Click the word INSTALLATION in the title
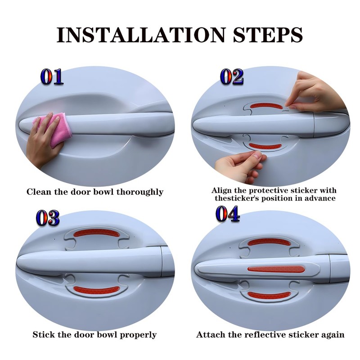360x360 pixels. pos(141,35)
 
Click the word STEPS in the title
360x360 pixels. pos(268,35)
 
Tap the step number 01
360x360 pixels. pos(52,76)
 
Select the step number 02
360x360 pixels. pos(231,76)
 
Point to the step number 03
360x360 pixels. pos(48,217)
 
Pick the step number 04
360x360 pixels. pos(228,214)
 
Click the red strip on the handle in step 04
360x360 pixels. pos(276,269)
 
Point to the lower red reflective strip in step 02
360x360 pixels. pos(265,146)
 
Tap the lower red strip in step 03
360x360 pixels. pos(95,290)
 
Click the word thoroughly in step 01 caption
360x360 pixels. pos(140,192)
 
